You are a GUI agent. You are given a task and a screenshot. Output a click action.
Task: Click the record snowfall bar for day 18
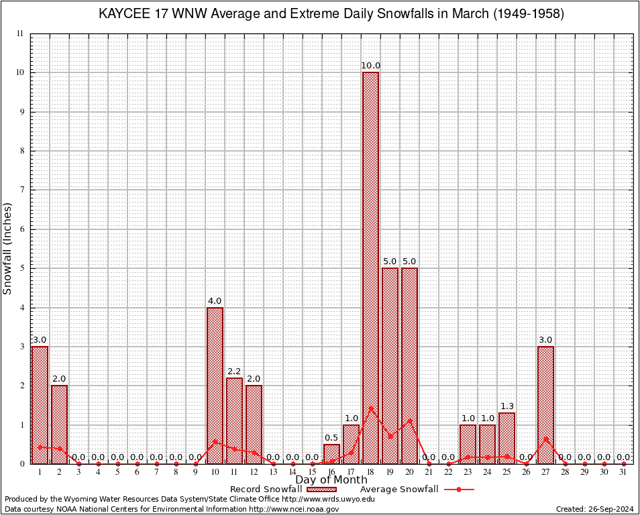pos(370,268)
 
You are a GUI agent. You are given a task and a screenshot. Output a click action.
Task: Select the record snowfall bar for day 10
pos(215,386)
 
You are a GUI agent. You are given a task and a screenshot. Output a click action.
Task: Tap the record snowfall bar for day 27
pos(545,405)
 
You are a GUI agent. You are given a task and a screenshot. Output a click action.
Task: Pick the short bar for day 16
pos(331,454)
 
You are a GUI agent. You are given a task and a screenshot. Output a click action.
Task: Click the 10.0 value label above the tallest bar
pos(370,66)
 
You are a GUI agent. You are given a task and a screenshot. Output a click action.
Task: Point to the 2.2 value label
pos(234,371)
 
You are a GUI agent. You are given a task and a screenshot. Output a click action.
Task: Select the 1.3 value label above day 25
pos(506,406)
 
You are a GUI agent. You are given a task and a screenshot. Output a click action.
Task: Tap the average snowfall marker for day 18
pos(370,408)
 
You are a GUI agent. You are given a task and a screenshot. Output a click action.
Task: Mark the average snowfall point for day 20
pos(409,420)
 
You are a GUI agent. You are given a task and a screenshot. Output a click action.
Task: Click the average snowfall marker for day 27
pos(545,439)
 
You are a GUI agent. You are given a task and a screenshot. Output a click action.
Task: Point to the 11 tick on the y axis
pos(19,34)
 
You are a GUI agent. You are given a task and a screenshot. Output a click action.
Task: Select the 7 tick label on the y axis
pos(21,190)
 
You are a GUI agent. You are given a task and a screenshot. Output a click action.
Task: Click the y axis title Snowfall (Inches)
pos(8,249)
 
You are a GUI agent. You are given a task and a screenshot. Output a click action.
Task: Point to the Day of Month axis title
pos(331,480)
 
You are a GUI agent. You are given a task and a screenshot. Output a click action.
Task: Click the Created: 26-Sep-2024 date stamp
pos(594,509)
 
